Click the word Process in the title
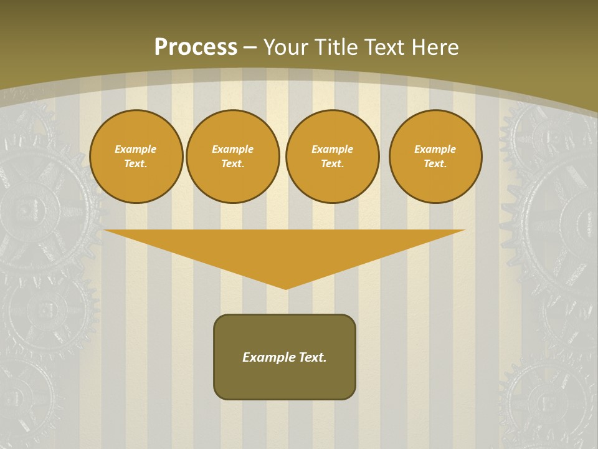[x=196, y=47]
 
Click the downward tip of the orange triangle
[x=286, y=287]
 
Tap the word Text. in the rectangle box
[x=313, y=357]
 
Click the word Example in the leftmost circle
[x=136, y=149]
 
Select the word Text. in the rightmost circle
[x=435, y=163]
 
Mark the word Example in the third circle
[x=333, y=149]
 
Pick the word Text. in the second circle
[x=233, y=163]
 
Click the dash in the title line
[x=250, y=47]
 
